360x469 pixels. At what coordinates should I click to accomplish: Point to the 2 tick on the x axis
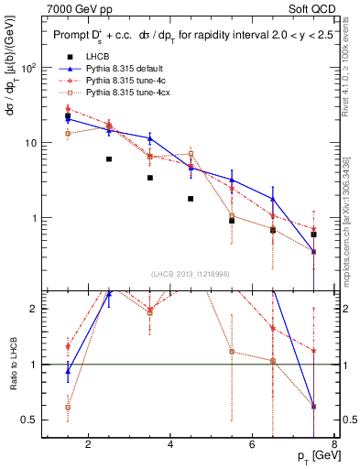click(88, 445)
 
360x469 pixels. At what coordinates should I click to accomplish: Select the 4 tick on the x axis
click(171, 445)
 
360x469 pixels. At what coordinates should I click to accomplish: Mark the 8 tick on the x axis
click(336, 445)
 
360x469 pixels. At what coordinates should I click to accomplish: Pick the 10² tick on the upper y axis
click(30, 69)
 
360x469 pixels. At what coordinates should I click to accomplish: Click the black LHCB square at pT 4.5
click(191, 199)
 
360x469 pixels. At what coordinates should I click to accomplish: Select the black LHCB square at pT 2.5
click(108, 159)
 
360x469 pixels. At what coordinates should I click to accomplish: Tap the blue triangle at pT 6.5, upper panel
click(273, 199)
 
